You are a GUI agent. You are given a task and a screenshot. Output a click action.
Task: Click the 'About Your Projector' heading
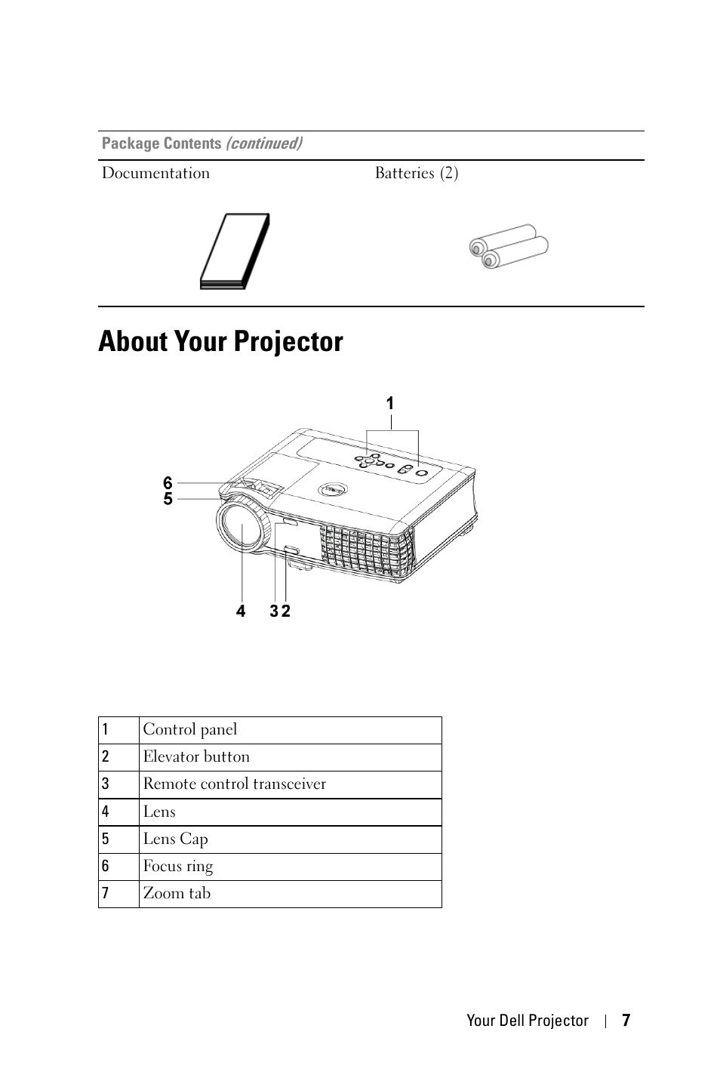click(220, 341)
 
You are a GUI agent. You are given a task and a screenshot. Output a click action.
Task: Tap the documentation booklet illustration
click(235, 251)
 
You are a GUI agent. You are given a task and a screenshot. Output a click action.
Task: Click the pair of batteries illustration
click(508, 246)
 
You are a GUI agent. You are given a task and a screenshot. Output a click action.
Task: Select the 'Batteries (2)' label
click(417, 173)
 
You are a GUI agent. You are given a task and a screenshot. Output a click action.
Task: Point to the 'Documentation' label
click(155, 173)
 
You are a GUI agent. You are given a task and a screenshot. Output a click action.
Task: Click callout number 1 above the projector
click(390, 404)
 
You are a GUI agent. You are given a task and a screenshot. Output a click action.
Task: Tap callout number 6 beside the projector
click(168, 483)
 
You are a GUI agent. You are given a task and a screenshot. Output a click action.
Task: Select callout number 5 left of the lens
click(168, 498)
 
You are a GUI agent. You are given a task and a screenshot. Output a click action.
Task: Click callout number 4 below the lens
click(241, 611)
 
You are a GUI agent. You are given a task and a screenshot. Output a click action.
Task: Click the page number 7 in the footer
click(626, 1021)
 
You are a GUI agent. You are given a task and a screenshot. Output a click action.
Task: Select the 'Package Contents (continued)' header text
click(202, 143)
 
